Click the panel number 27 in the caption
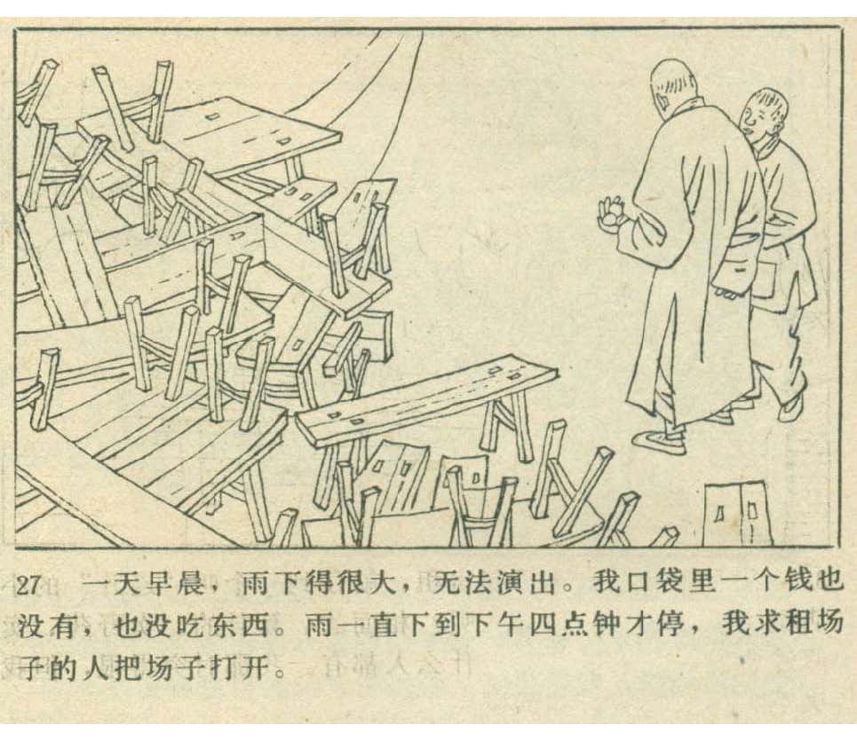(28, 585)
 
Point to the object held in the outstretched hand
(612, 211)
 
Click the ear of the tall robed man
(662, 99)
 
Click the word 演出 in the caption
(524, 584)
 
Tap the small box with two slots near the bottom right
(738, 512)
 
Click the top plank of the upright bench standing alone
(426, 397)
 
